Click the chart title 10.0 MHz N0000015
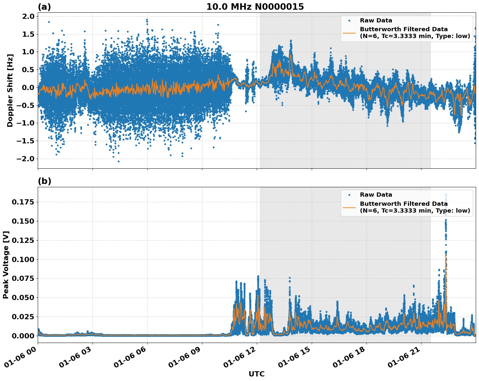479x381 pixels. pyautogui.click(x=255, y=7)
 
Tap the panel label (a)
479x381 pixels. pyautogui.click(x=44, y=7)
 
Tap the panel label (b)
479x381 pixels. pyautogui.click(x=45, y=181)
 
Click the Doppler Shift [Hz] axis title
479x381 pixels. pyautogui.click(x=10, y=90)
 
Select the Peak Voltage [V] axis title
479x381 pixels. pyautogui.click(x=6, y=265)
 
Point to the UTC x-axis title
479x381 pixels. pyautogui.click(x=256, y=374)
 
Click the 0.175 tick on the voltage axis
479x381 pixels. pyautogui.click(x=23, y=202)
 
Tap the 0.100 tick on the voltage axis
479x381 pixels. pyautogui.click(x=23, y=259)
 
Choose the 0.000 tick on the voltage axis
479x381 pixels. pyautogui.click(x=23, y=336)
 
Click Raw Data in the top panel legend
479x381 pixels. pyautogui.click(x=376, y=20)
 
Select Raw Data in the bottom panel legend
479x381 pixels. pyautogui.click(x=376, y=195)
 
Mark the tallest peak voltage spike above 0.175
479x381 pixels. pyautogui.click(x=446, y=195)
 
